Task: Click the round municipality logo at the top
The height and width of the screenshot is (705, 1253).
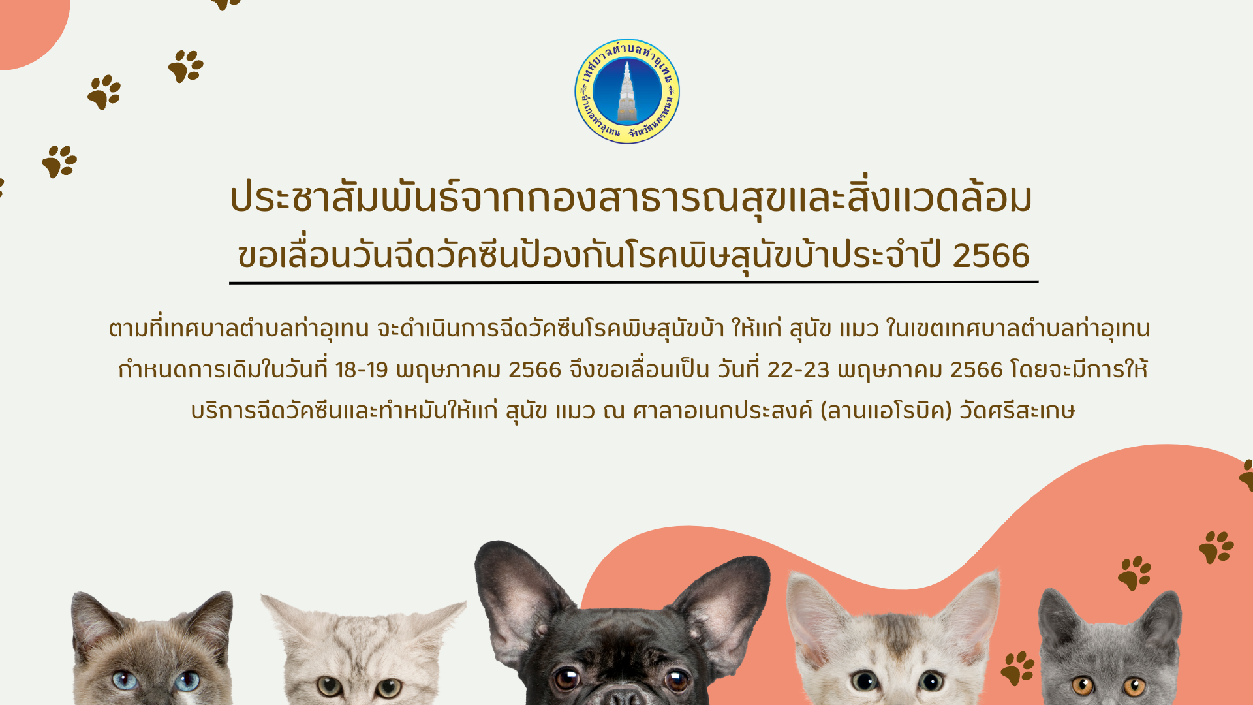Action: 627,91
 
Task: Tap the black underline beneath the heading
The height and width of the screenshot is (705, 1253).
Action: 634,283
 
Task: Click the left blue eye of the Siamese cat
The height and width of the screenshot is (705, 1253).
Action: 124,680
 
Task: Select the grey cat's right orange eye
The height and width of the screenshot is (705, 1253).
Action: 1134,686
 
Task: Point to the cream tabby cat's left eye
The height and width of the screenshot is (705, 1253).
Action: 330,687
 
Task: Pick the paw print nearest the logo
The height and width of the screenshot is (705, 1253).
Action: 186,66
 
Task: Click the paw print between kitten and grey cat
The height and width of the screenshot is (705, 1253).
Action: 1017,668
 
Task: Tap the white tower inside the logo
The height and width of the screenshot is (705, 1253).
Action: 627,93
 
